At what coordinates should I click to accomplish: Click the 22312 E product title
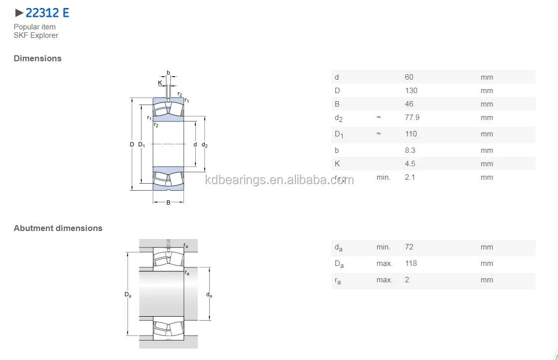coord(47,13)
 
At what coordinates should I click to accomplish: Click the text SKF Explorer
coord(36,35)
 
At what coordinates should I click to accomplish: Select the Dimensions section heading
coord(38,58)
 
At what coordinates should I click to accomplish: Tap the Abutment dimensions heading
coord(58,228)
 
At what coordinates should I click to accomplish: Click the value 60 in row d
coord(409,77)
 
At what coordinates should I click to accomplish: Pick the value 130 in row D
coord(411,91)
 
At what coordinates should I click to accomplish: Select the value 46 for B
coord(409,104)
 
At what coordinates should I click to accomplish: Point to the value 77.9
coord(412,118)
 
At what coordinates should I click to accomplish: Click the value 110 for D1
coord(411,134)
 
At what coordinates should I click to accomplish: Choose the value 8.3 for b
coord(410,150)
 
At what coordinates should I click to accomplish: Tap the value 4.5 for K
coord(410,164)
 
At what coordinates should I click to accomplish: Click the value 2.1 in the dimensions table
coord(410,177)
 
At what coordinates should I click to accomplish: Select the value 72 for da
coord(409,247)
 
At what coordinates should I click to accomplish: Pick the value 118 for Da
coord(411,263)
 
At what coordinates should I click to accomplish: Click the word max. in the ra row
coord(384,280)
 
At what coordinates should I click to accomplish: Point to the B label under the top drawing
coord(168,203)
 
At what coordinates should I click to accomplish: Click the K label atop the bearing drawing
coord(160,83)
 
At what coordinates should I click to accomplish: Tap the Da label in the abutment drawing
coord(128,295)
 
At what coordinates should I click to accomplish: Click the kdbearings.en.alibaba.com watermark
coord(279,180)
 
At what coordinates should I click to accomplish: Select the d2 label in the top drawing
coord(204,145)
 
